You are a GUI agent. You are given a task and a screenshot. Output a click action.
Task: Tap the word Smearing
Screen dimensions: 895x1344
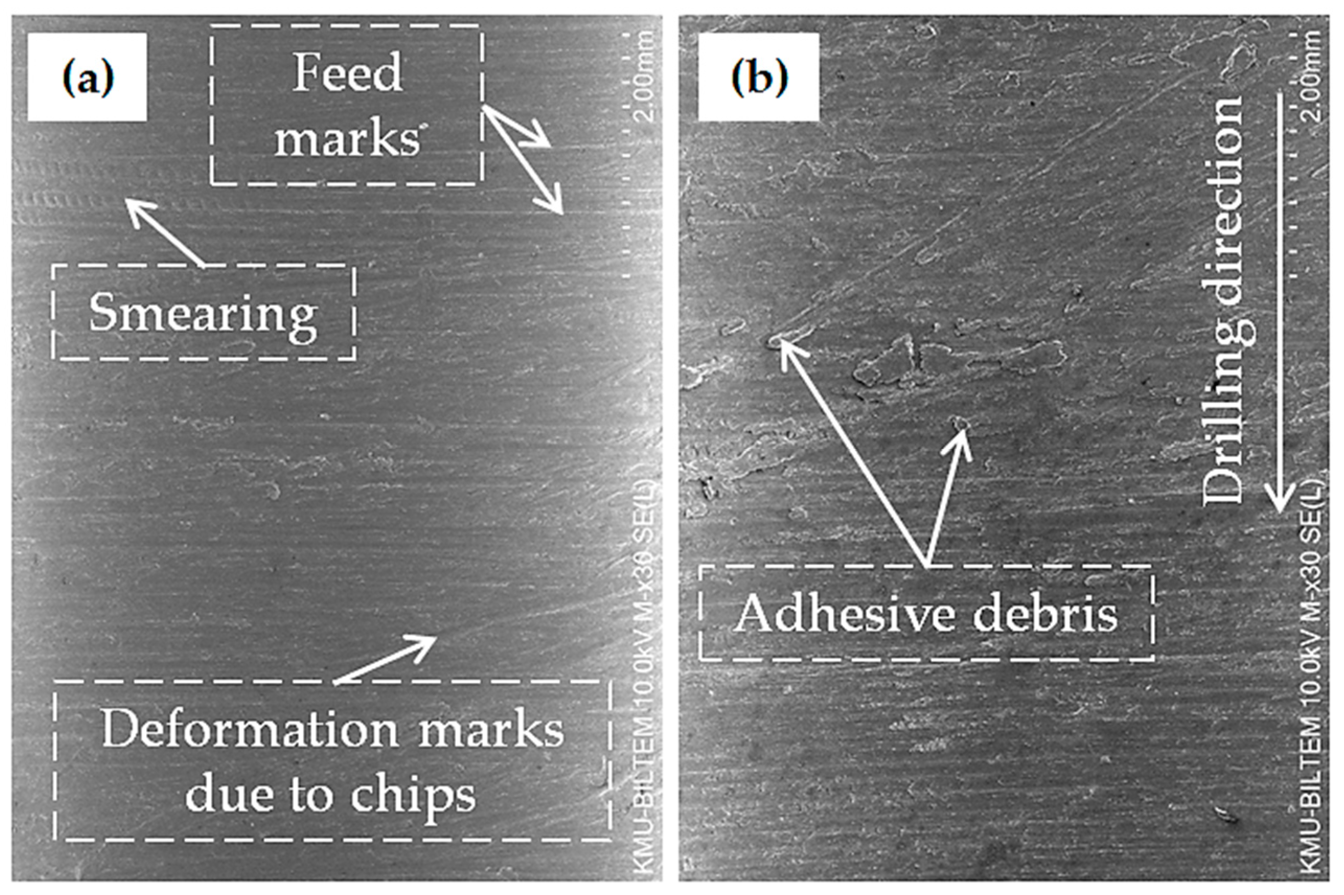coord(203,313)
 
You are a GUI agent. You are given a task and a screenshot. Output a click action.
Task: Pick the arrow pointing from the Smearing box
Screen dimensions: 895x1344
coord(165,233)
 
